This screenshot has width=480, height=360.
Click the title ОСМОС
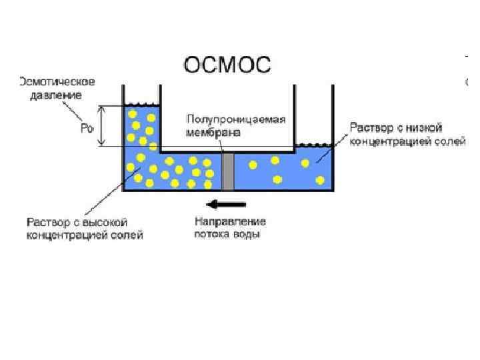(x=227, y=65)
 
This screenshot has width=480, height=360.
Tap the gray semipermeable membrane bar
(x=228, y=171)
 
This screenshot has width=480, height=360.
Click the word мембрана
(x=213, y=132)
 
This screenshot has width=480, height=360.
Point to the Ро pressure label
(x=87, y=128)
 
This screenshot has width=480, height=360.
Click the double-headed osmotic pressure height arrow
(x=101, y=126)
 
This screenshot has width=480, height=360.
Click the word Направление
(x=230, y=221)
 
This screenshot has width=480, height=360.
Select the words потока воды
(x=227, y=234)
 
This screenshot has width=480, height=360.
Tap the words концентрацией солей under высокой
(x=84, y=235)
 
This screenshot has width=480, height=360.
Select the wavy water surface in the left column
(x=141, y=104)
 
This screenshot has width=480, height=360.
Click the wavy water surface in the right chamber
(x=313, y=145)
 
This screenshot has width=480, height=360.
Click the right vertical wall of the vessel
(x=332, y=167)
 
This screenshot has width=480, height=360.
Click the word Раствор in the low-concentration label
(x=370, y=127)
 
